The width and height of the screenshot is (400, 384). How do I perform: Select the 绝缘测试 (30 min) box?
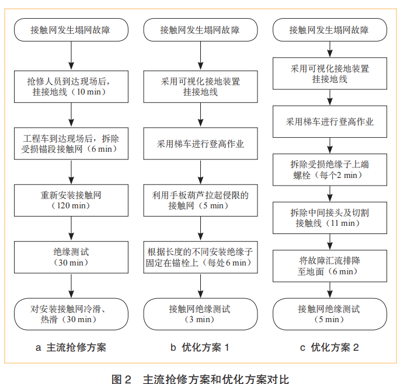coord(71,256)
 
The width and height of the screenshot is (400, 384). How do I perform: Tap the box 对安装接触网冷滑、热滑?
coord(71,313)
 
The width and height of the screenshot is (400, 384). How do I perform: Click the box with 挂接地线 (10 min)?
coord(71,86)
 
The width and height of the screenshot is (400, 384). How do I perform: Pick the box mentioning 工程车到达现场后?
coord(71,143)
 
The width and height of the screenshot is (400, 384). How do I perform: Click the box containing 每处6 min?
coord(200,256)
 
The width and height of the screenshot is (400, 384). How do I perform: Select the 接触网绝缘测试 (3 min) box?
coord(200,313)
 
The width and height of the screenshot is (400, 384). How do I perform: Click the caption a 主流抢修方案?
coord(71,348)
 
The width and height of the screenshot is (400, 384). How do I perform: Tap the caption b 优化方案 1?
coord(200,348)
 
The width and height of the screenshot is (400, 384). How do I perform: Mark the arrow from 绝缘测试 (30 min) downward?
coord(71,285)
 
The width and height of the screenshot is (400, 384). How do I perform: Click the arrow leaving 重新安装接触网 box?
coord(71,228)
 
